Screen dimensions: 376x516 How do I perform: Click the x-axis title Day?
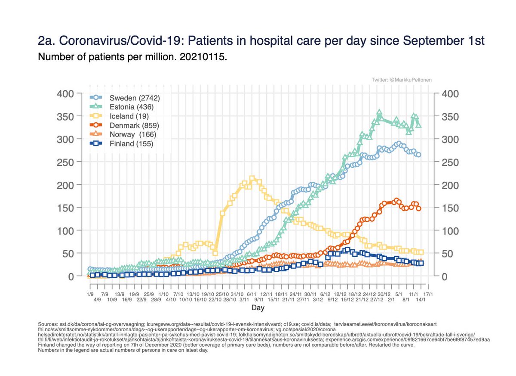tap(258, 308)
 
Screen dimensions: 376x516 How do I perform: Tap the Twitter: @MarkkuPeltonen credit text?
tap(402, 80)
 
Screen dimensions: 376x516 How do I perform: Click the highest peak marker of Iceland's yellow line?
tap(252, 178)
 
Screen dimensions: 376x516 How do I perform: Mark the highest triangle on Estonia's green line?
tap(379, 112)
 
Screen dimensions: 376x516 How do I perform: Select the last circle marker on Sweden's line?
tap(418, 155)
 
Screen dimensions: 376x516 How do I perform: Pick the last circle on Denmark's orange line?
tap(418, 208)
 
